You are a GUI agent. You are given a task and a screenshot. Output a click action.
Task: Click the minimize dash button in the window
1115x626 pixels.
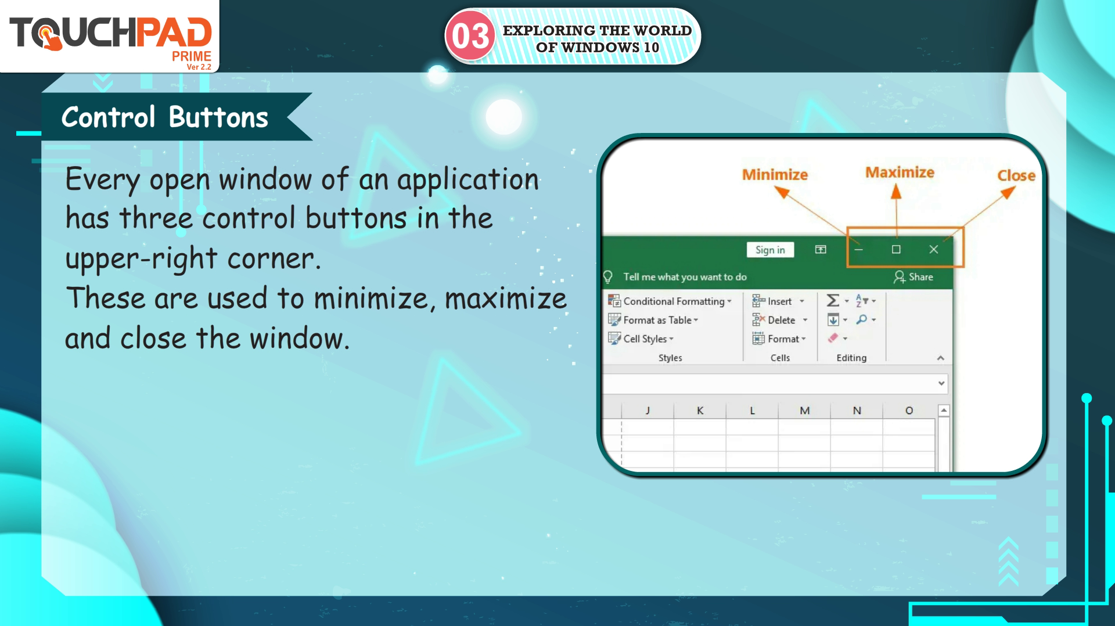[858, 250]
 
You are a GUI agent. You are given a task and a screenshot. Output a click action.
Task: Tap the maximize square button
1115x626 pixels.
[896, 249]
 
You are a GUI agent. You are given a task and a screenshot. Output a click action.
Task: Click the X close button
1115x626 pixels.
[933, 249]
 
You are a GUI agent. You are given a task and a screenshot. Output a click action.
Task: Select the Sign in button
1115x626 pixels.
[770, 250]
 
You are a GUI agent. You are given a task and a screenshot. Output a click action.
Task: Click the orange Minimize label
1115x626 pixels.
[775, 174]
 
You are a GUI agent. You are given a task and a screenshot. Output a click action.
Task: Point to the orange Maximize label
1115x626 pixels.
[900, 172]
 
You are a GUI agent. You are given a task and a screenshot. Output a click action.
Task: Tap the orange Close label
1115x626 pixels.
[1016, 175]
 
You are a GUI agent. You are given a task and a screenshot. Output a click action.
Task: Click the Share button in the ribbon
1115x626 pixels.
[913, 277]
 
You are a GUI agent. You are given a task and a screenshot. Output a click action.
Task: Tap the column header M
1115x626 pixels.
[804, 411]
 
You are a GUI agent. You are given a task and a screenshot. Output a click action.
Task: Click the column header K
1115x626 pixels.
[700, 411]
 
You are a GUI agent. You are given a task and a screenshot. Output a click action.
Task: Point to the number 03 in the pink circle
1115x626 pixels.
[470, 36]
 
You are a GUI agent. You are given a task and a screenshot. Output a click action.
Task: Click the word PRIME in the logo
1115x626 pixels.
[192, 56]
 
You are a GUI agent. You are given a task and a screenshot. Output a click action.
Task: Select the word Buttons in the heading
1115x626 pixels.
[218, 117]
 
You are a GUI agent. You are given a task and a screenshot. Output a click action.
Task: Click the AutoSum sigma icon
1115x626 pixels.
[833, 300]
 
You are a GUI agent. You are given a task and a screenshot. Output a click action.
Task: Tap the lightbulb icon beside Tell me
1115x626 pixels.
[608, 277]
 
